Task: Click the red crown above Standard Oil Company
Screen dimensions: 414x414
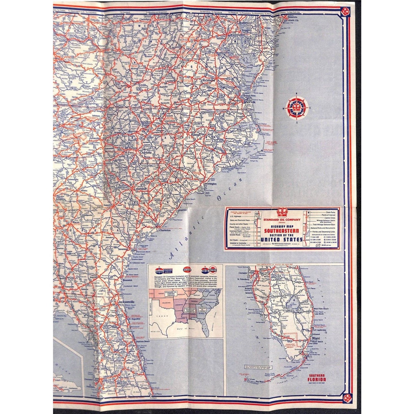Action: (x=282, y=213)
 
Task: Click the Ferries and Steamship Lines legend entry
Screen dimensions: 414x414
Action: (x=324, y=231)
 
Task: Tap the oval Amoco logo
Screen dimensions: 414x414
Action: (x=188, y=270)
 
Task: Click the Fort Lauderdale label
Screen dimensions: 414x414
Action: (x=320, y=330)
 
